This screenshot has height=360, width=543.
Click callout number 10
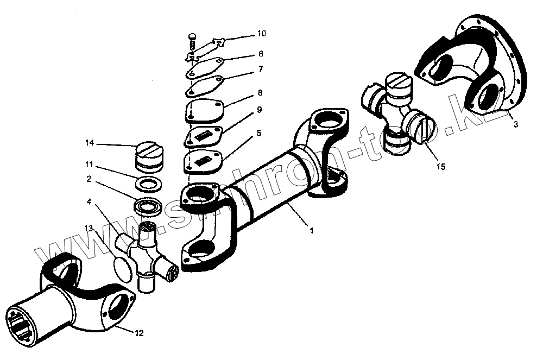[261, 34]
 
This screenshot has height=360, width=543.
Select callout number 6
[261, 54]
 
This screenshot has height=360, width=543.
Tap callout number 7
[261, 69]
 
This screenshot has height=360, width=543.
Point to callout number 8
[260, 93]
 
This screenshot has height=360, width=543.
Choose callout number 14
[89, 143]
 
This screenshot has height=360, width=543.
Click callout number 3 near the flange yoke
[515, 124]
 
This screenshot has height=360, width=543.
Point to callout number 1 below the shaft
[311, 230]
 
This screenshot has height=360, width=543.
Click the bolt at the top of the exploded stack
[192, 37]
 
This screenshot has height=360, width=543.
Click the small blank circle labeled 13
[123, 268]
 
